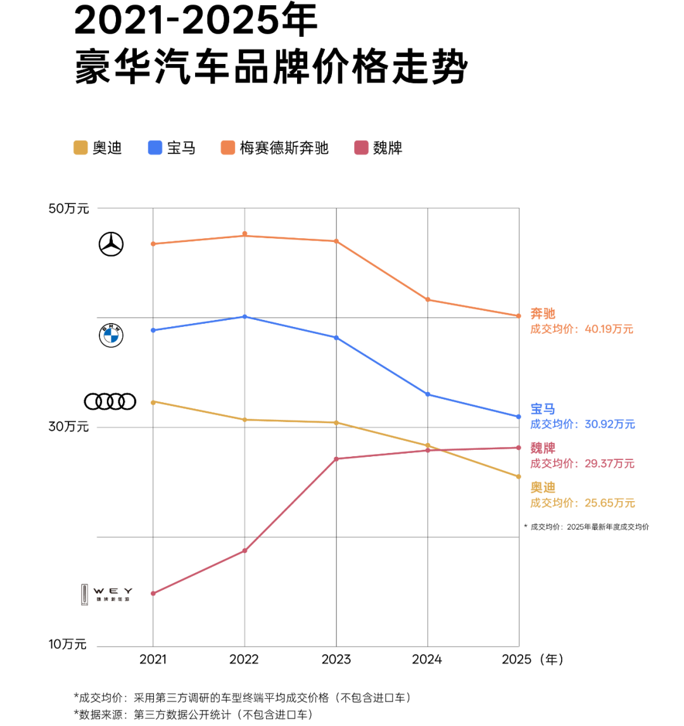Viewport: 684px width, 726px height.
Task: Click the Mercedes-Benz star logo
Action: pos(111,244)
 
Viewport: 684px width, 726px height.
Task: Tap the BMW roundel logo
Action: pos(111,335)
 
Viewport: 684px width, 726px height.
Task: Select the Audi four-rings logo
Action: pos(110,401)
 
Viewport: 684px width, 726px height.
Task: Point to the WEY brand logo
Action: pos(106,594)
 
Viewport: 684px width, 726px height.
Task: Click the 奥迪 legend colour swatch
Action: pos(80,148)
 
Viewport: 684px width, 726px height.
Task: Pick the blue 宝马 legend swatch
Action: pos(155,148)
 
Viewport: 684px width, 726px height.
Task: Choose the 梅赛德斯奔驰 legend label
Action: pos(284,148)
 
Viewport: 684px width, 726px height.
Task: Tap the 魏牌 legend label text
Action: pos(388,148)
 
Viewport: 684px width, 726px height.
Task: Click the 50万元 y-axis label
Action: pos(69,208)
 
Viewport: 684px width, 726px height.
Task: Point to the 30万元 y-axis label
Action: pos(69,427)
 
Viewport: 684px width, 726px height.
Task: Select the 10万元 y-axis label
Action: pos(68,645)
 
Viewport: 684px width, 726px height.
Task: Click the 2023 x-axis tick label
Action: pos(336,659)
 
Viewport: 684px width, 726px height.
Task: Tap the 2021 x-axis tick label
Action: pos(153,659)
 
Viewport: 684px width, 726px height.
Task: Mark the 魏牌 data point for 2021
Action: pos(153,593)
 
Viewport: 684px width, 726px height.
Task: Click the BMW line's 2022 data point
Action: pos(244,316)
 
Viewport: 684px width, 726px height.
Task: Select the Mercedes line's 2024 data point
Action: pos(428,300)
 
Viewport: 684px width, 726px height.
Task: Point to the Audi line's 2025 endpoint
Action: pos(519,476)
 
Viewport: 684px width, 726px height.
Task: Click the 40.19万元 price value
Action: pos(609,329)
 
